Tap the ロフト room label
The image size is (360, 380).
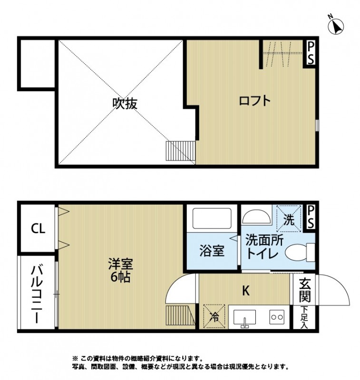254,101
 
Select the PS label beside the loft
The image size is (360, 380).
311,53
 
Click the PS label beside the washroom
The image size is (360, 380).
311,216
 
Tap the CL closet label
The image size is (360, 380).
38,229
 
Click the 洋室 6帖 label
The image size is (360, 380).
120,269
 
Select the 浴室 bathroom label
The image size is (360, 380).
212,250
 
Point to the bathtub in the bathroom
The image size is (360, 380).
212,219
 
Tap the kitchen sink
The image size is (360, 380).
244,318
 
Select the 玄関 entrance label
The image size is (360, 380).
304,289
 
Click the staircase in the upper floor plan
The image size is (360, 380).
180,152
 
